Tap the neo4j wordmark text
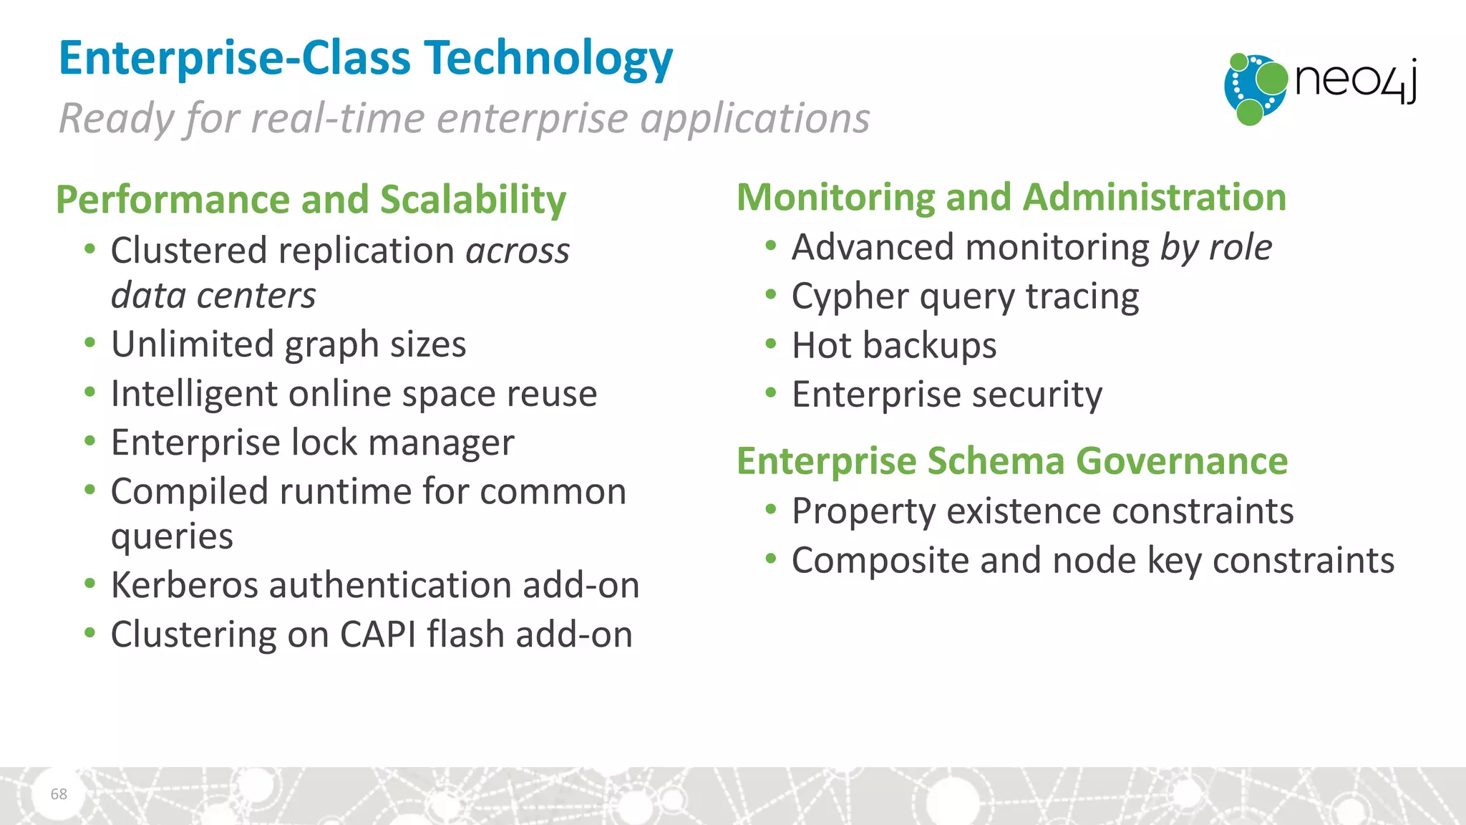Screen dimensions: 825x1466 coord(1355,80)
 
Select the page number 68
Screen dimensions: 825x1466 coord(59,793)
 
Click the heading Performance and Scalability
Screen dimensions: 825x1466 coord(311,199)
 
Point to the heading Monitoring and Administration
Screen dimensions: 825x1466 coord(1011,197)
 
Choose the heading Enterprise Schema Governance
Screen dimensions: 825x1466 coord(1011,460)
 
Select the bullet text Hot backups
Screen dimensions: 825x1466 coord(893,346)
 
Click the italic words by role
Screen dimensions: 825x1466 coord(1215,248)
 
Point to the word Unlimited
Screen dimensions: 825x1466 coord(192,344)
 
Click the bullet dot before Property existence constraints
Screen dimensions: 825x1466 coord(770,510)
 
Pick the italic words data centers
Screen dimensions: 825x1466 coord(213,296)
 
